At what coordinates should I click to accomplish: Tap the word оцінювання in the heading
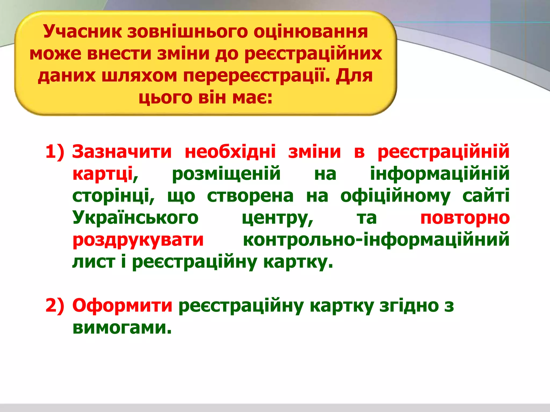click(x=310, y=32)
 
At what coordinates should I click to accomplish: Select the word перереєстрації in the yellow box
click(x=256, y=76)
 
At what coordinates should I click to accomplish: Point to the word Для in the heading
click(x=354, y=76)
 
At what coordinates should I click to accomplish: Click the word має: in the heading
click(x=252, y=97)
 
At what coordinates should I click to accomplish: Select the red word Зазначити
click(x=122, y=152)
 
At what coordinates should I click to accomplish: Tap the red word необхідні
click(x=230, y=152)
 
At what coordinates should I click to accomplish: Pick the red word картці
click(x=103, y=174)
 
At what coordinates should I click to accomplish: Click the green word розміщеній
click(x=226, y=174)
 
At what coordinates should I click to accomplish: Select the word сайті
click(x=486, y=196)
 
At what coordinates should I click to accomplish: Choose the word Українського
click(x=135, y=218)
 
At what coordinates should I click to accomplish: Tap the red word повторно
click(x=465, y=218)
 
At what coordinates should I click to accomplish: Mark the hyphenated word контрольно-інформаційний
click(x=376, y=240)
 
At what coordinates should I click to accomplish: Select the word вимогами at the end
click(x=122, y=328)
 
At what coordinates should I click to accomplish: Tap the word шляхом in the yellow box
click(x=139, y=76)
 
